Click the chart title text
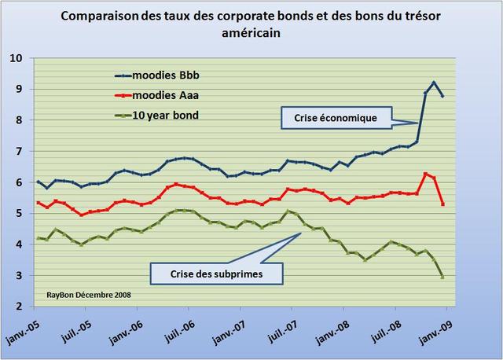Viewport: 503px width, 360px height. [x=251, y=25]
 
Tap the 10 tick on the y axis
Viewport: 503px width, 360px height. [x=18, y=58]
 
